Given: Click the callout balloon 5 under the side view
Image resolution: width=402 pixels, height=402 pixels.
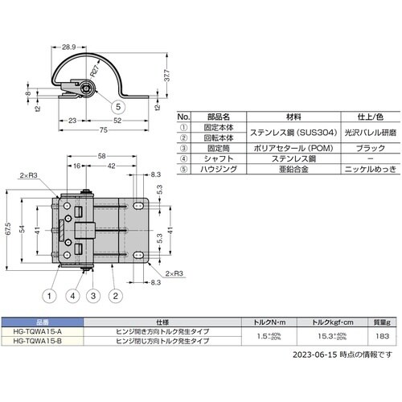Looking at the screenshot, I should (118, 106).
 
